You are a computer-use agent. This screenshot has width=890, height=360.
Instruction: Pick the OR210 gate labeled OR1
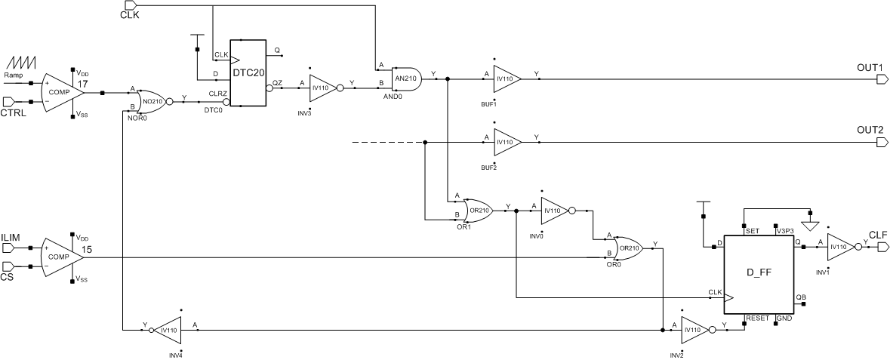point(479,211)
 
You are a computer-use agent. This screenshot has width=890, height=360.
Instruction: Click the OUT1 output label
point(870,67)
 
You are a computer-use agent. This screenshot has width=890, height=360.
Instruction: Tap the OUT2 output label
point(870,130)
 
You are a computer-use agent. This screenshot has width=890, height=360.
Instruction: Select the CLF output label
point(878,234)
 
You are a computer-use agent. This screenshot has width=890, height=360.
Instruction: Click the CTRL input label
point(14,113)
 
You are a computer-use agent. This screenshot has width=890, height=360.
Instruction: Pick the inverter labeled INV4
point(167,330)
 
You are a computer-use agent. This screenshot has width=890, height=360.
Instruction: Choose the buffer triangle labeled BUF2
point(506,142)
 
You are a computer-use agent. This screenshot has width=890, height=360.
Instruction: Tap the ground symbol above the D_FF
point(810,223)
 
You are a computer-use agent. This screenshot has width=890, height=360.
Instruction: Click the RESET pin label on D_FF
point(757,318)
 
